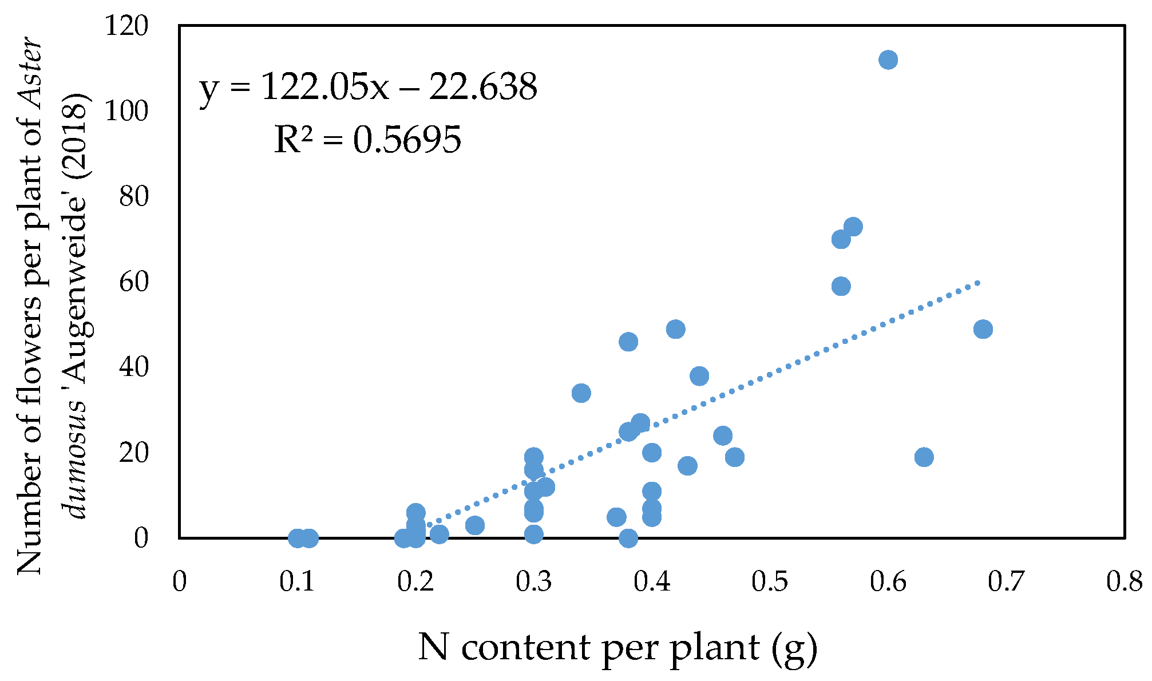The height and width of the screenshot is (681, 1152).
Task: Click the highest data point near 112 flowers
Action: coord(888,60)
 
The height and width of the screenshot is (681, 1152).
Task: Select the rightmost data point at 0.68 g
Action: coord(983,329)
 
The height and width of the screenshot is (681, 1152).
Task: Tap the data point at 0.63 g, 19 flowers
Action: coord(924,457)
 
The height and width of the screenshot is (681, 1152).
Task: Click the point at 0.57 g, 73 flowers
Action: coord(853,227)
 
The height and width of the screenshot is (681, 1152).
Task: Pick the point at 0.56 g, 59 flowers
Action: coord(841,286)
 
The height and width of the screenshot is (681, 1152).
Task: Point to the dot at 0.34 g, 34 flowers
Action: coord(581,393)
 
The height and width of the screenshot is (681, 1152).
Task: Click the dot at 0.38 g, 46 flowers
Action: coord(628,342)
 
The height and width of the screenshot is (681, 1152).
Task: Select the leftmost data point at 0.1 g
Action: coord(297,538)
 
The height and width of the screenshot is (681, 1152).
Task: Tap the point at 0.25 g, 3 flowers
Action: coord(474,525)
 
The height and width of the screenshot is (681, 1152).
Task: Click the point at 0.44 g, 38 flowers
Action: coord(699,376)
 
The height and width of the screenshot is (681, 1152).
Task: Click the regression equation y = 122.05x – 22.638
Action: coord(368,88)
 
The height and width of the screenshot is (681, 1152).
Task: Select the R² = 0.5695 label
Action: coord(367,140)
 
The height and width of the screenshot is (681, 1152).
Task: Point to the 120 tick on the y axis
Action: coord(126,26)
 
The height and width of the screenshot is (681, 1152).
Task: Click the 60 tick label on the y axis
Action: coord(133,282)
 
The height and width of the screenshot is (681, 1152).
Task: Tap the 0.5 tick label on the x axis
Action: coord(770,582)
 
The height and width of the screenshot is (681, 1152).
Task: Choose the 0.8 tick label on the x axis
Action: coord(1124,582)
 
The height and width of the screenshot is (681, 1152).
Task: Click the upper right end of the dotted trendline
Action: coord(979,282)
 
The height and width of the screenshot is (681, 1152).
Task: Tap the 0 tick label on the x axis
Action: coord(180,582)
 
